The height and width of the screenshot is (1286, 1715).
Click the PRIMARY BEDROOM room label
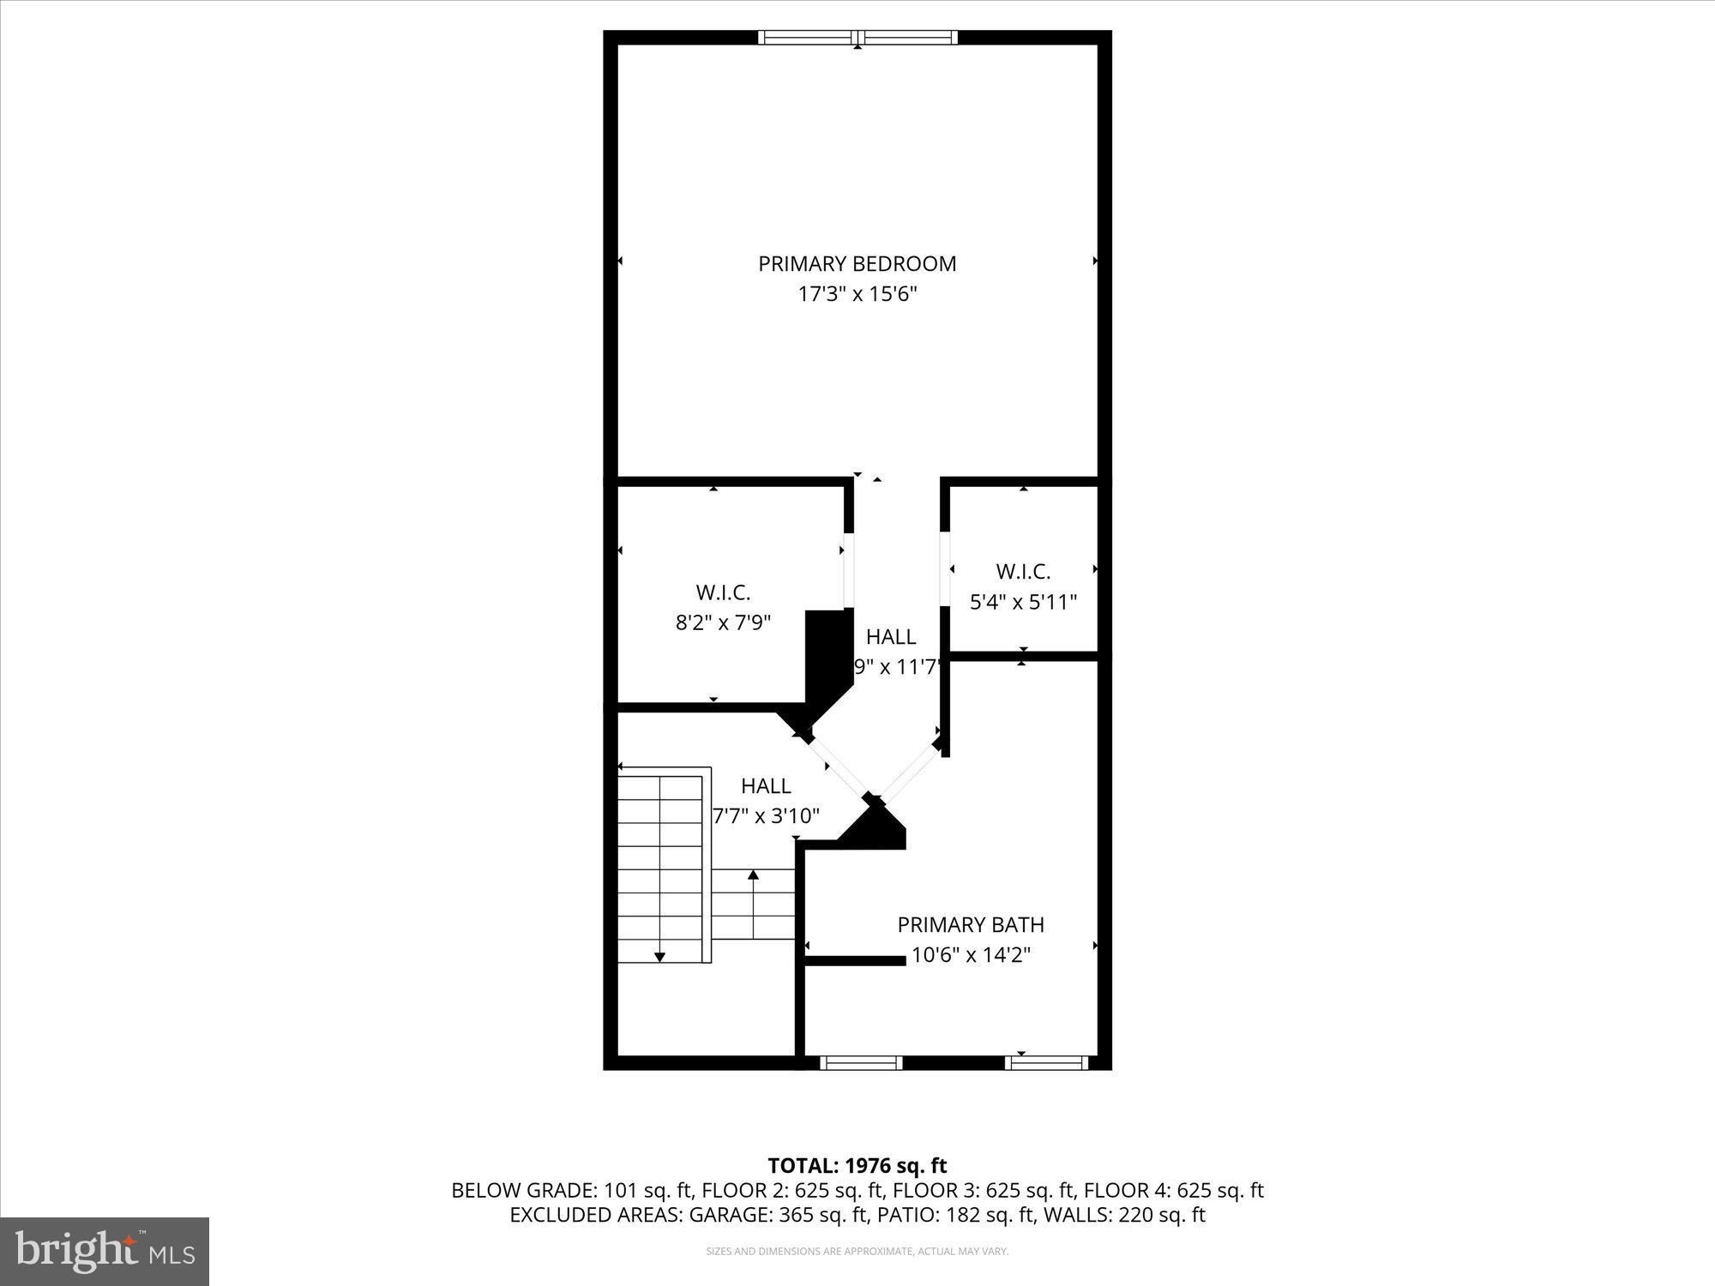(857, 263)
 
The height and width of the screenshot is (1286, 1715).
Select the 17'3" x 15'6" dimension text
(857, 294)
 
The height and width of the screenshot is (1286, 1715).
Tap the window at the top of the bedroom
(857, 37)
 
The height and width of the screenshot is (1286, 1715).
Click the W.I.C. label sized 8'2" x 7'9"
(723, 592)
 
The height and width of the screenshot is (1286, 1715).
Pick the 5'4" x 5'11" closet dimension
(1023, 602)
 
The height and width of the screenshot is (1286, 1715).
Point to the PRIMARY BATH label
(971, 924)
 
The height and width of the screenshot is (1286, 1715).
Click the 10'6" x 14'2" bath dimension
(971, 954)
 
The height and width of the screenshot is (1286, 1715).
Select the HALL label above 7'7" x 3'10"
(766, 785)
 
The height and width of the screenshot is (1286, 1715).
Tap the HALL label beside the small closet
(891, 636)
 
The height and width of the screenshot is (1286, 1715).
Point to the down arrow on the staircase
(659, 956)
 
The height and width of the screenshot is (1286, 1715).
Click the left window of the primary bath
(861, 1063)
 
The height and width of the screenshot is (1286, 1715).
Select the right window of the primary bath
(1046, 1063)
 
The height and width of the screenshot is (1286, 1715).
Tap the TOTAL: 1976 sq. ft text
(857, 1165)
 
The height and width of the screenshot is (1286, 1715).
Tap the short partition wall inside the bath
(855, 960)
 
